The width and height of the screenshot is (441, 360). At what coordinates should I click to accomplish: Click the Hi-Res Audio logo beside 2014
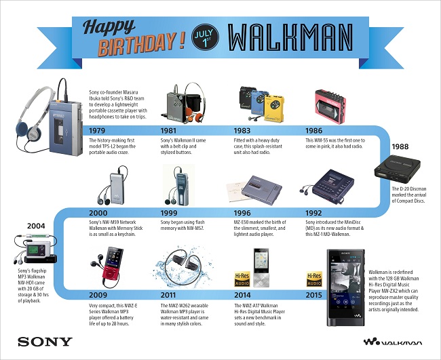pos(241,278)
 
